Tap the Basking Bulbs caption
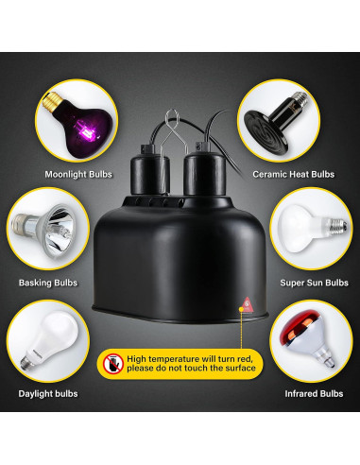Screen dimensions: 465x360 click(49, 282)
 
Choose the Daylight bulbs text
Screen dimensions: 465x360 click(47, 393)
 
